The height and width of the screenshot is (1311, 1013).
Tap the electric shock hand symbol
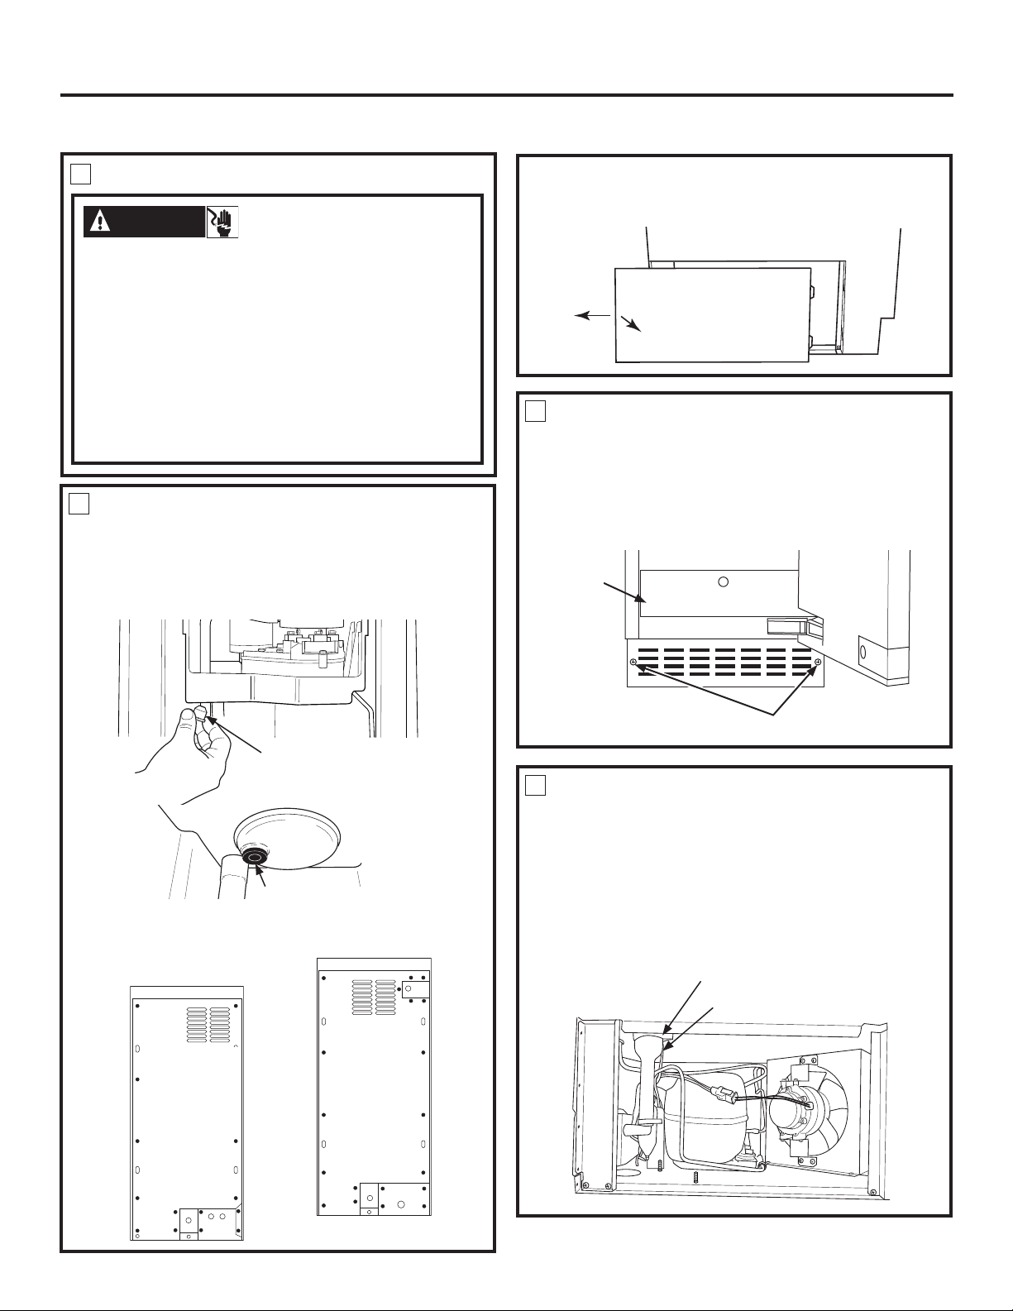[222, 222]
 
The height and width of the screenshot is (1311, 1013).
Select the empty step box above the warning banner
[79, 173]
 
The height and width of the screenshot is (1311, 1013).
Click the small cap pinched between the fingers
[200, 715]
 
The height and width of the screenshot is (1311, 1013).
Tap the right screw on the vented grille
[817, 663]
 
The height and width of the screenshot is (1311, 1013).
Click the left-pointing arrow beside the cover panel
[590, 315]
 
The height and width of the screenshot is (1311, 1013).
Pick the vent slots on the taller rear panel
[374, 997]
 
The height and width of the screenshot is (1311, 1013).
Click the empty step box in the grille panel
[535, 410]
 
